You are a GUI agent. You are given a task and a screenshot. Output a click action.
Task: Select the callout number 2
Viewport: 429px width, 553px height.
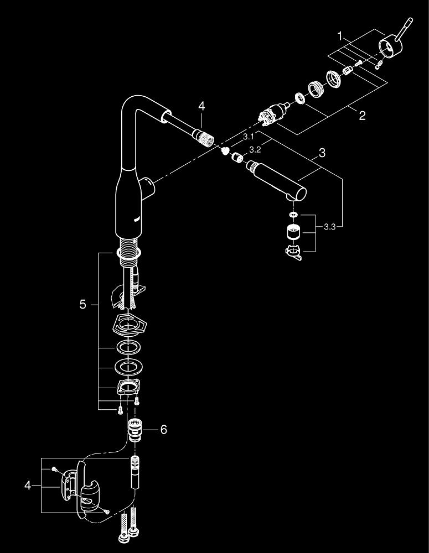(x=361, y=116)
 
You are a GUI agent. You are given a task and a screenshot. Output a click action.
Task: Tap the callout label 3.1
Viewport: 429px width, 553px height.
(x=248, y=136)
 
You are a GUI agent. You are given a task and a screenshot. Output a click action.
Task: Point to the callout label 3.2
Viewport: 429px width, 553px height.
(x=255, y=149)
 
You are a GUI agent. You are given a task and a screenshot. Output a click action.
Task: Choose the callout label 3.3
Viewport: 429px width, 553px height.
(x=330, y=227)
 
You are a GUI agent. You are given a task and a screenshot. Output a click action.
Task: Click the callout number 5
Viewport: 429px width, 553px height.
(x=83, y=305)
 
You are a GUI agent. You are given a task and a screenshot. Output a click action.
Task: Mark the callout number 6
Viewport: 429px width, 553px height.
(x=163, y=429)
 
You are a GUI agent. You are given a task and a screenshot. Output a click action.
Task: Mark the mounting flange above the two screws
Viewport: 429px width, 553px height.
(x=127, y=387)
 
